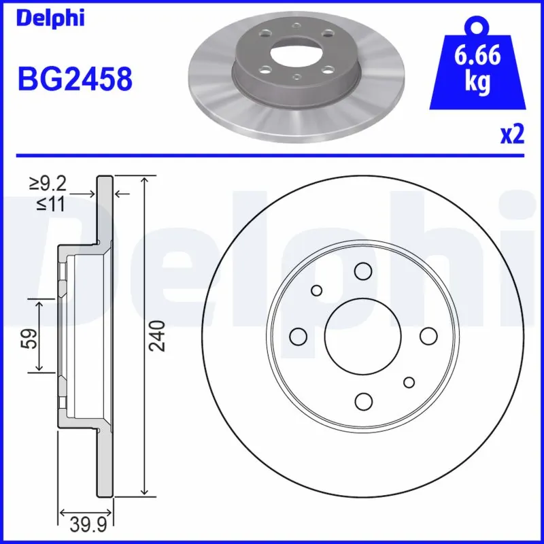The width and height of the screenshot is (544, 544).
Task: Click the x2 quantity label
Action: point(512,135)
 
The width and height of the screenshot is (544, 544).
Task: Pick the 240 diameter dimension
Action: point(158,336)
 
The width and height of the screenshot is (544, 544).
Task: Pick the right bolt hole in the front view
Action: point(427,336)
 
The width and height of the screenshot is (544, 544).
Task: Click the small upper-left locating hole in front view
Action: point(316,290)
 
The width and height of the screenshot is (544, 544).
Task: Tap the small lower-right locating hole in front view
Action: point(409,382)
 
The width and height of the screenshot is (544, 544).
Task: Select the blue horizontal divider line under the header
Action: point(272,154)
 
